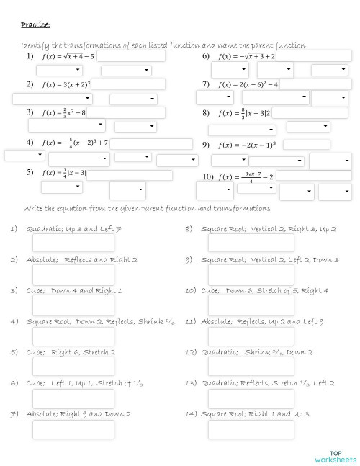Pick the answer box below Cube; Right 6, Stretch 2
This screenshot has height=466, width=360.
(73, 367)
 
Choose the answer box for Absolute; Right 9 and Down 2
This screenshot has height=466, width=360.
(73, 429)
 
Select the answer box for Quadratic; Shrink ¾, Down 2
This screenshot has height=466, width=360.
(251, 367)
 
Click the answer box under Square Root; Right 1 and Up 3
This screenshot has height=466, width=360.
(251, 429)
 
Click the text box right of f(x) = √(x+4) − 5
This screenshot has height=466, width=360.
(131, 55)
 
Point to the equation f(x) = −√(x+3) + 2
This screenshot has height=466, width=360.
(248, 55)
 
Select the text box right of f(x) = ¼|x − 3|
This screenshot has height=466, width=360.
(130, 174)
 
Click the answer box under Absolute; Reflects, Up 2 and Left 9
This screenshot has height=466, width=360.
(251, 336)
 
